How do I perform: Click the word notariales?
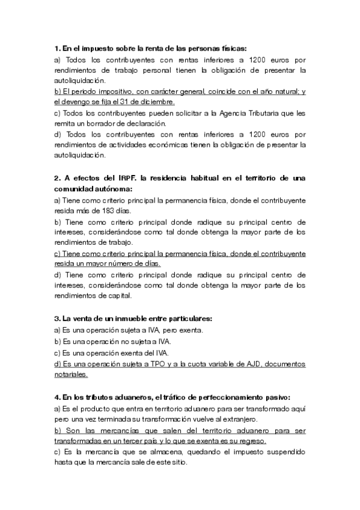click(71, 374)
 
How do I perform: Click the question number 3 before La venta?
click(56, 319)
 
